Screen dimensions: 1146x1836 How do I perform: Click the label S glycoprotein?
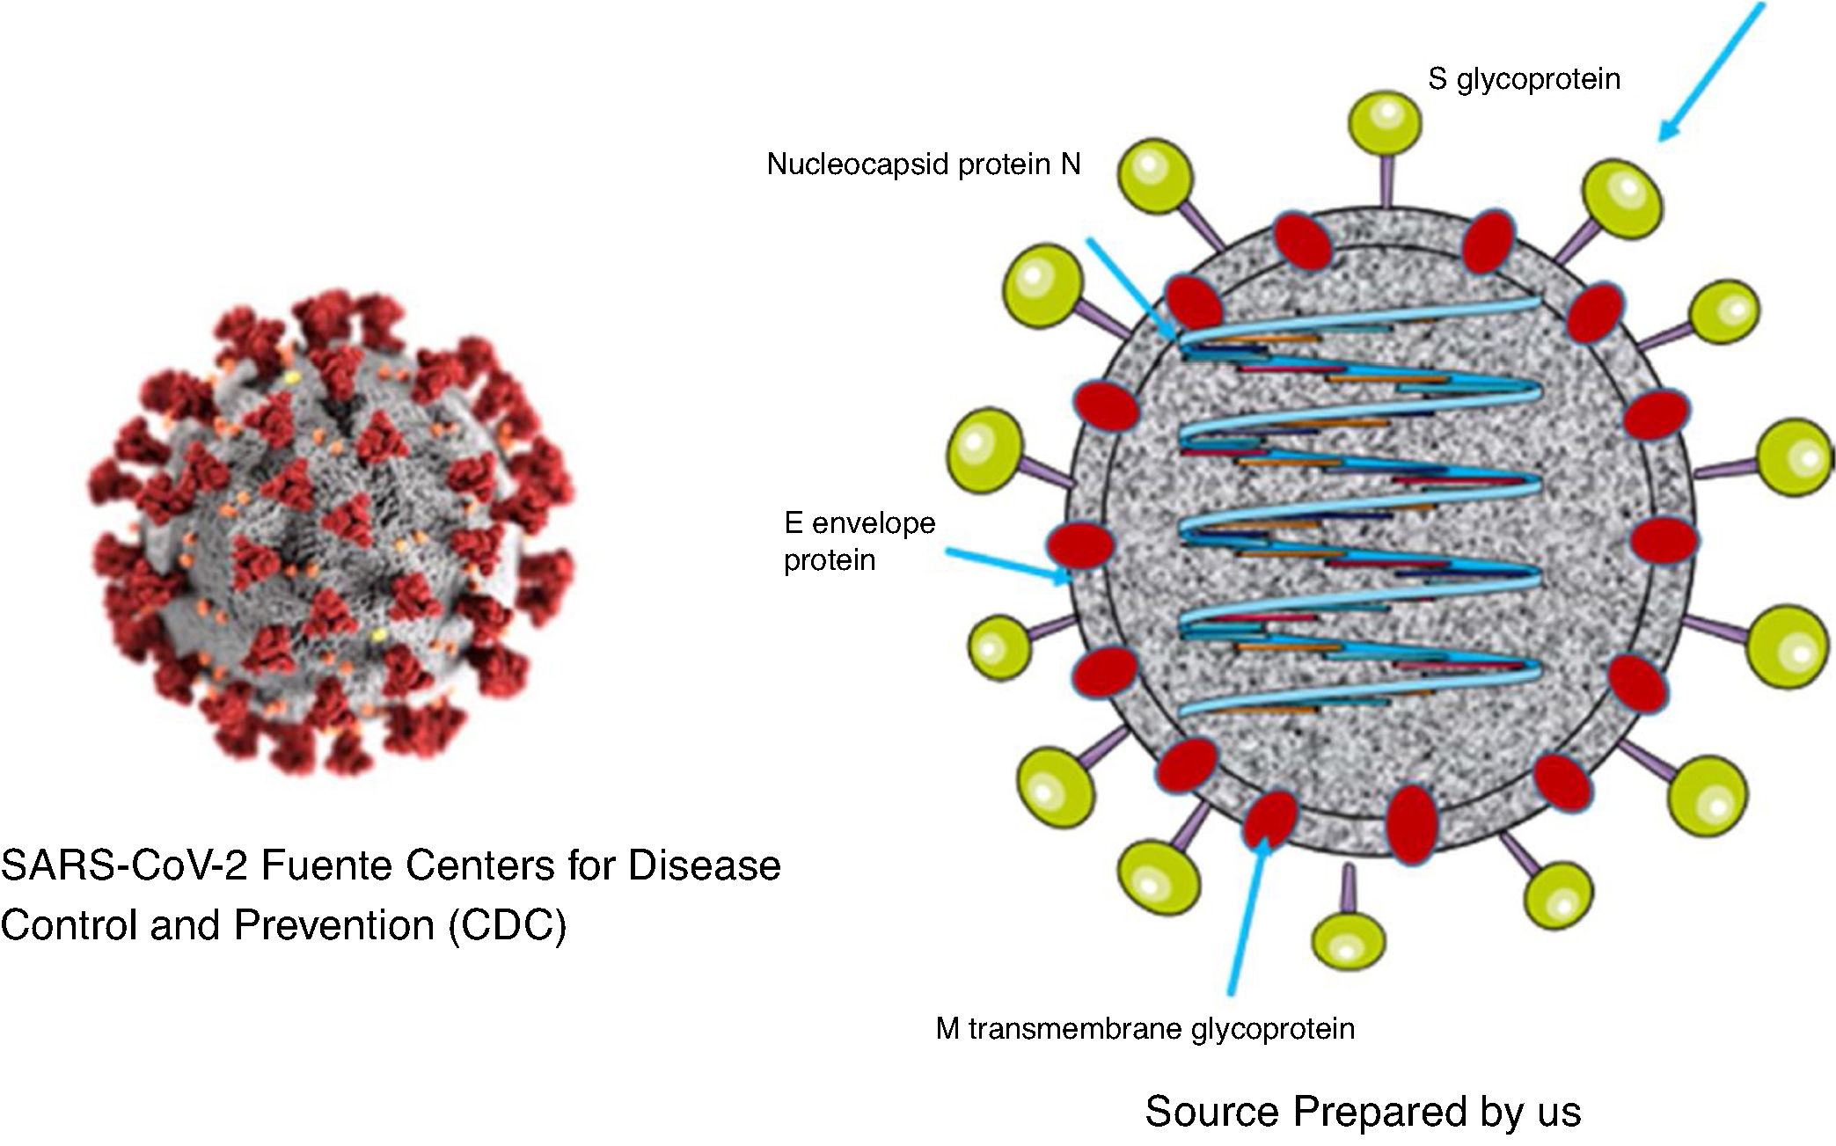1524,80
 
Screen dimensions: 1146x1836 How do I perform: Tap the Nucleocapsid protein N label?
923,164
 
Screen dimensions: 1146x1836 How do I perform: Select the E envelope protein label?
859,541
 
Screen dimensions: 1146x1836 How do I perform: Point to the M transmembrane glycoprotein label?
1145,1028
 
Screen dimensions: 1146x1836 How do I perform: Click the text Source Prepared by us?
1362,1112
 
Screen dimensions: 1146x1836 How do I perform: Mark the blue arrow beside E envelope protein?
1008,566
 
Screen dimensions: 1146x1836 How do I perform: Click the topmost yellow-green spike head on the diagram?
1385,122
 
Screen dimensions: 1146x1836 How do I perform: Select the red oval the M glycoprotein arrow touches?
1269,817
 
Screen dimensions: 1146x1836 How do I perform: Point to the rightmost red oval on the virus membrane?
1664,539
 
